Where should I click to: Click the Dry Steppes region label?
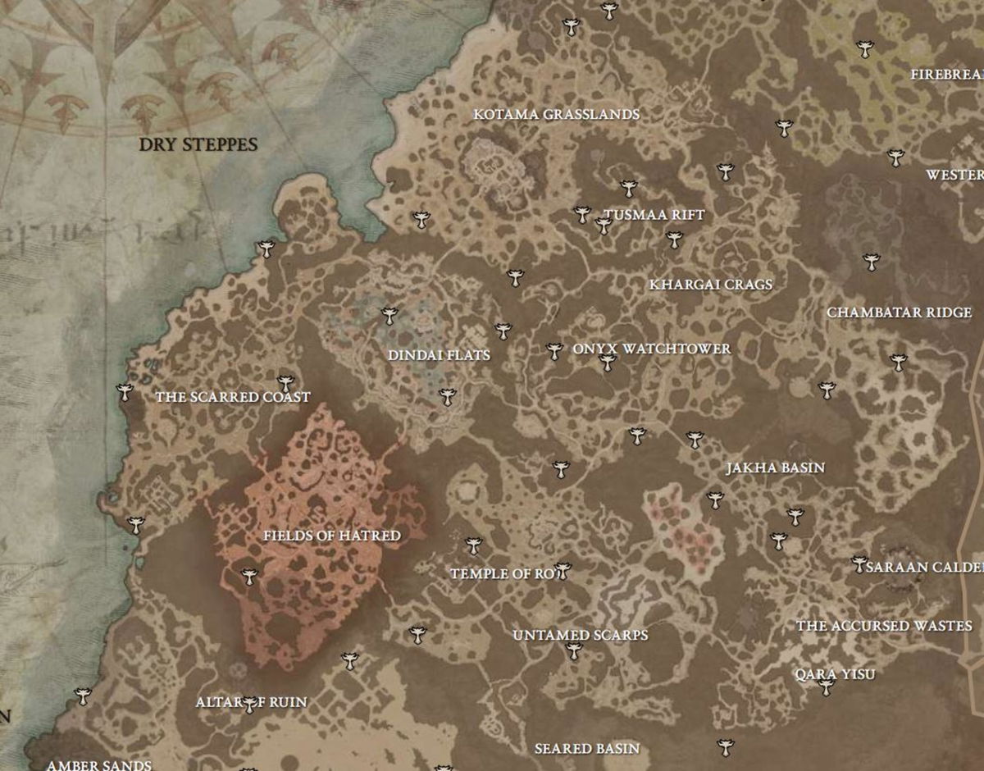click(198, 145)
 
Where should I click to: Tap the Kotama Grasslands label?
click(556, 115)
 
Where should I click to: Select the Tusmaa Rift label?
click(654, 215)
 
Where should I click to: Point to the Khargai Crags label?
click(711, 285)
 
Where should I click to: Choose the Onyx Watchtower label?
click(652, 349)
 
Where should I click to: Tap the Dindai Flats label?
click(439, 355)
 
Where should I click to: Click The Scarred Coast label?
click(233, 397)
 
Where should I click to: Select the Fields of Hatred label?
click(332, 536)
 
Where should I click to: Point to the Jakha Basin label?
click(775, 468)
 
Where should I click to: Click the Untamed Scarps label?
click(581, 635)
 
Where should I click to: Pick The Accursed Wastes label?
click(884, 626)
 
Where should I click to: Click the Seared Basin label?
click(587, 748)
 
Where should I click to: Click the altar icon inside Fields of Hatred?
click(250, 577)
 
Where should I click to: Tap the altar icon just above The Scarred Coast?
click(285, 382)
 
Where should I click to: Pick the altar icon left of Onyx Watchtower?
click(554, 350)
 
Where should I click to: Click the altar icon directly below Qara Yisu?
click(827, 687)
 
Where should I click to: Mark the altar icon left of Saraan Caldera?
click(859, 563)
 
